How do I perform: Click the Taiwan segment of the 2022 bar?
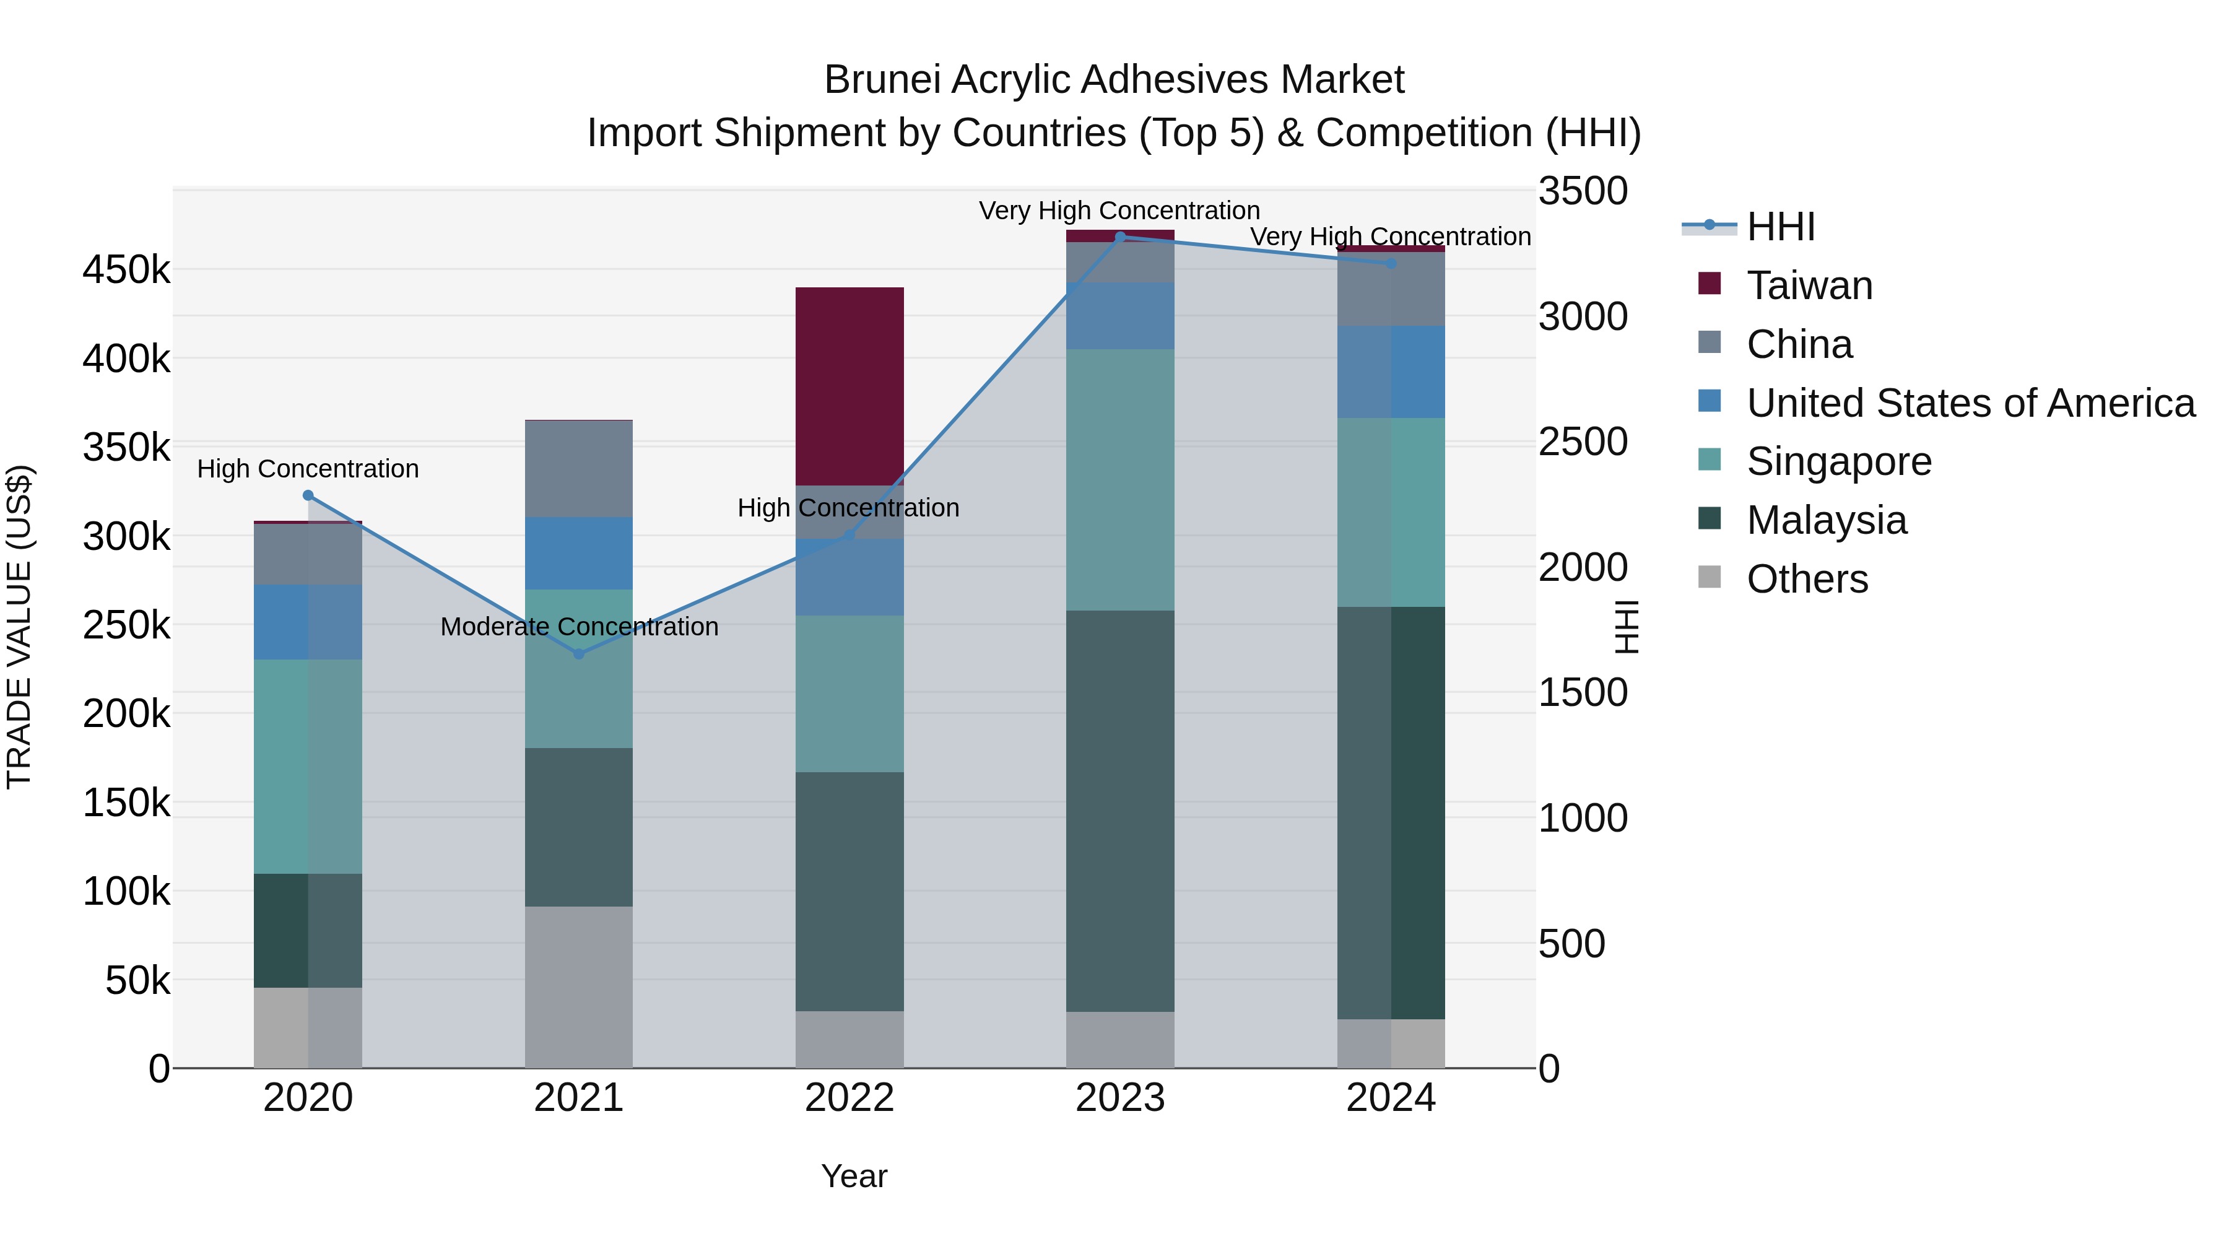(849, 385)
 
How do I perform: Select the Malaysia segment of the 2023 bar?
(1119, 810)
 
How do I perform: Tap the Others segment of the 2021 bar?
(578, 986)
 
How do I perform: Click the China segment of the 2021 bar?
(578, 468)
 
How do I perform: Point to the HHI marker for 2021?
(579, 653)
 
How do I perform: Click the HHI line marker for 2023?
(1119, 237)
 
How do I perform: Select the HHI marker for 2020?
(308, 495)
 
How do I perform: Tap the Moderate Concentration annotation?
(579, 627)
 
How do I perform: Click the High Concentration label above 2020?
(308, 469)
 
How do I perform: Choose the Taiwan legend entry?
(1809, 285)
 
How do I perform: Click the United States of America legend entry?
(1970, 403)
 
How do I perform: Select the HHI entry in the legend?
(1780, 227)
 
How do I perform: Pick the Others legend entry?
(1807, 579)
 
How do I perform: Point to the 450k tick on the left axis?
(126, 270)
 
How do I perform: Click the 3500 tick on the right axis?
(1583, 191)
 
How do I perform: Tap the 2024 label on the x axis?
(1391, 1098)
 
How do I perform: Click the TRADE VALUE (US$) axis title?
(19, 627)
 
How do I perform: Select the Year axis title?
(853, 1176)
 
